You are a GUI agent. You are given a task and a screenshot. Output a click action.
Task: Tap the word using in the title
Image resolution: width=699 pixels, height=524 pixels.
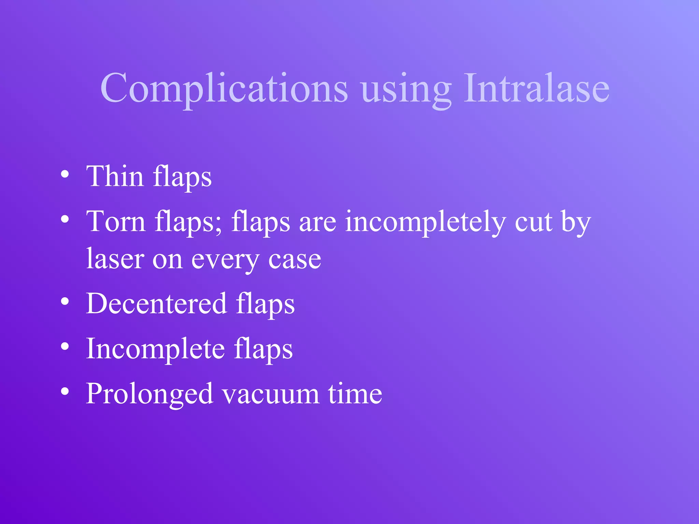pyautogui.click(x=406, y=89)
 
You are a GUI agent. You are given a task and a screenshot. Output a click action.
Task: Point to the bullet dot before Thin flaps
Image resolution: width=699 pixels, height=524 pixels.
pyautogui.click(x=65, y=175)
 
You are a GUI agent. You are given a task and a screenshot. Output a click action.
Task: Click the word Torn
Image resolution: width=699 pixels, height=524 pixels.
pyautogui.click(x=116, y=221)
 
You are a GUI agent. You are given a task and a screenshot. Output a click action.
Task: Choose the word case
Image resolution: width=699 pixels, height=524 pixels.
pyautogui.click(x=295, y=260)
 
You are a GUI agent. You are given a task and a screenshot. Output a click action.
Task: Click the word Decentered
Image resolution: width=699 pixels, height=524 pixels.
pyautogui.click(x=156, y=303)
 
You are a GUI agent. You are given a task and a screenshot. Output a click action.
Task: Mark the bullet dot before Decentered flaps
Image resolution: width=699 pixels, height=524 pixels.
pyautogui.click(x=65, y=302)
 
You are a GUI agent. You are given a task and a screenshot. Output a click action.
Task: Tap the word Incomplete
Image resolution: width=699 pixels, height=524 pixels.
pyautogui.click(x=156, y=349)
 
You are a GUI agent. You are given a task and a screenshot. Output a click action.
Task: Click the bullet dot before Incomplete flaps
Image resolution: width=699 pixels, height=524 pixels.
pyautogui.click(x=65, y=347)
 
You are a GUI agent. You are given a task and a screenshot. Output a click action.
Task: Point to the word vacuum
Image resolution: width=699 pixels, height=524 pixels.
pyautogui.click(x=271, y=394)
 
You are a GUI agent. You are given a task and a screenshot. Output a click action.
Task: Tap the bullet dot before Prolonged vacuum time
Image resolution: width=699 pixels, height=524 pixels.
pyautogui.click(x=65, y=392)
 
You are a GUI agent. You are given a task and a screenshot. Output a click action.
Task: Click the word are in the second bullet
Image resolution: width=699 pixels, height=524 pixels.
pyautogui.click(x=317, y=222)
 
